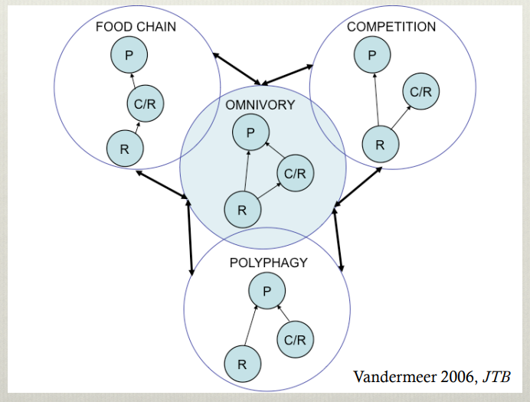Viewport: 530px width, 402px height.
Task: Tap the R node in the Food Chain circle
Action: (x=123, y=148)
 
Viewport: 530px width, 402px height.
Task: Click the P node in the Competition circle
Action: (x=372, y=54)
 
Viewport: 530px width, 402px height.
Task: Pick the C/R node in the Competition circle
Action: (x=421, y=93)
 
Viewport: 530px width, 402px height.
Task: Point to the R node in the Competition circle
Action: (x=378, y=143)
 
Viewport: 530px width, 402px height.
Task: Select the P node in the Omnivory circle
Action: (x=250, y=132)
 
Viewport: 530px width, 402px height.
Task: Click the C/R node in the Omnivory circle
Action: (x=295, y=174)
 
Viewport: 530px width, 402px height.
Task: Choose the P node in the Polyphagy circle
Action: (x=267, y=292)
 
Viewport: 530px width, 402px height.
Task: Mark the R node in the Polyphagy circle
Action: (x=242, y=364)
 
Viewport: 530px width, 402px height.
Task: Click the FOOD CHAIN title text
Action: (x=136, y=28)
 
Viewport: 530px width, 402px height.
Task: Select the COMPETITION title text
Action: (x=391, y=28)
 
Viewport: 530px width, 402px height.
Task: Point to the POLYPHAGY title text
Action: (x=268, y=263)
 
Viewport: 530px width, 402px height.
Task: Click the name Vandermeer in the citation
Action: (x=390, y=377)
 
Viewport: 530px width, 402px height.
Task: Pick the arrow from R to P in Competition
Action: (x=375, y=96)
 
